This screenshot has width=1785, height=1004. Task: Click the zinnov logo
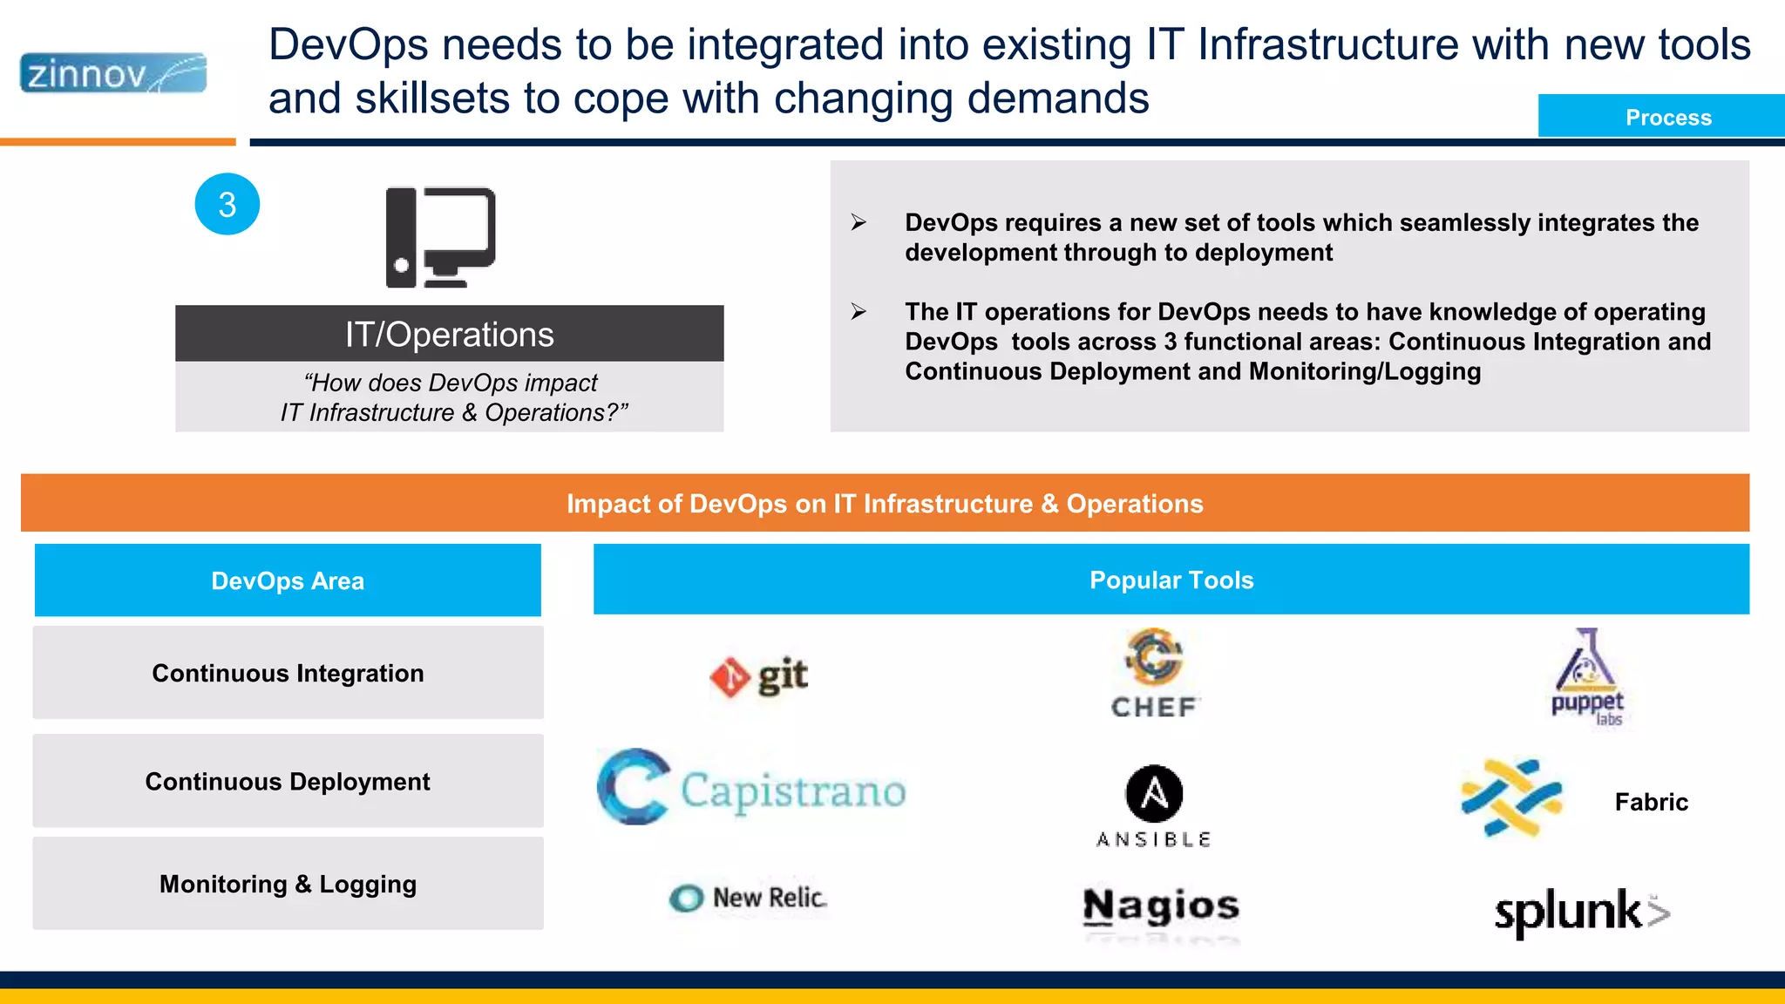tap(113, 73)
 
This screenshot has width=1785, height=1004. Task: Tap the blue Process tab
tap(1666, 117)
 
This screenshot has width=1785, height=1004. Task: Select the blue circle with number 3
tap(227, 205)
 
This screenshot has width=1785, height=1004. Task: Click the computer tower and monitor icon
tap(441, 237)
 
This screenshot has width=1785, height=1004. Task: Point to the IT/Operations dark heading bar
tap(449, 334)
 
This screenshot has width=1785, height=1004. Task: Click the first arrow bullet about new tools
tap(859, 223)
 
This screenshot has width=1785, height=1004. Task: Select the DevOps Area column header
tap(288, 580)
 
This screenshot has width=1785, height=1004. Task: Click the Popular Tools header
tap(1171, 580)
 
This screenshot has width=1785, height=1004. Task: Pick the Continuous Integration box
tap(288, 673)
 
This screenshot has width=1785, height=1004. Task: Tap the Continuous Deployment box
tap(288, 781)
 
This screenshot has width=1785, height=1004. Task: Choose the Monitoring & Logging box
tap(288, 884)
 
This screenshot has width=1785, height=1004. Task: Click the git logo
tap(759, 676)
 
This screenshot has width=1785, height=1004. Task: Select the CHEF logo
tap(1155, 674)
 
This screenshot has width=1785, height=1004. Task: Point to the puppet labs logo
tap(1587, 677)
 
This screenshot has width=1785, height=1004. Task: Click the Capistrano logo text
tap(792, 790)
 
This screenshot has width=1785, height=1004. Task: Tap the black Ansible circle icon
tap(1154, 794)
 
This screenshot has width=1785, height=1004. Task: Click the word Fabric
tap(1651, 802)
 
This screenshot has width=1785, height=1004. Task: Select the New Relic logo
tap(749, 898)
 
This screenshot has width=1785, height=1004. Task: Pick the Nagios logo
tap(1160, 906)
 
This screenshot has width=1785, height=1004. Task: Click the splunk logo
tap(1581, 912)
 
